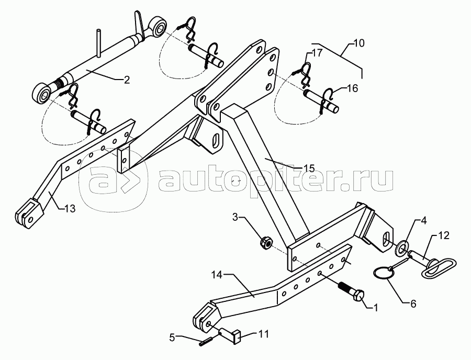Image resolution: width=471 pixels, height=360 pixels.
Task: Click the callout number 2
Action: point(127,80)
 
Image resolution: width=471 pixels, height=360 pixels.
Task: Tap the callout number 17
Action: point(317,53)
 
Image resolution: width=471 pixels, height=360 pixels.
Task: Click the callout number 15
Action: point(309,168)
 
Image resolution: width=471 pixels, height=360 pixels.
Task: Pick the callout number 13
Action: point(70,208)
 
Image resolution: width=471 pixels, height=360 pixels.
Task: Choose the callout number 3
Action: point(235,216)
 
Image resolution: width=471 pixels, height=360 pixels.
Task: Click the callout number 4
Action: point(423,221)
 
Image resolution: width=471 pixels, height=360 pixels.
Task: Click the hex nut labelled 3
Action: point(265,242)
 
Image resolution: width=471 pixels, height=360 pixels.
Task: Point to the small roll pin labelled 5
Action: point(206,343)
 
